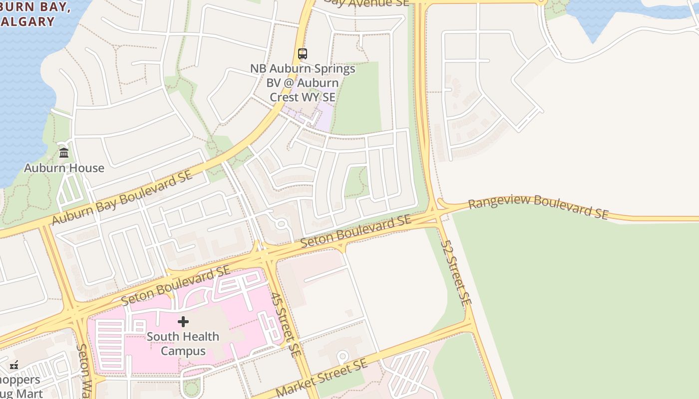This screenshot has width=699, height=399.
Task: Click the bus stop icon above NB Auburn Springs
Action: pos(302,54)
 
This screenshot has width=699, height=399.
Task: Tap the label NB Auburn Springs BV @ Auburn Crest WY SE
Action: pos(303,82)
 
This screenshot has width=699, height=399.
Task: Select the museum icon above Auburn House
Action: pos(64,153)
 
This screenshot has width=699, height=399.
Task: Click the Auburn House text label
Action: pos(64,168)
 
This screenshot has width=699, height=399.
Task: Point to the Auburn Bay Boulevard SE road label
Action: pos(122,198)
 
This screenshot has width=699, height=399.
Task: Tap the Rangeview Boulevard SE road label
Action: pos(538,207)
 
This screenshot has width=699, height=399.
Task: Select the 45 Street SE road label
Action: pos(286,324)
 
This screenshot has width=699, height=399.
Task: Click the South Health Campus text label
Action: pos(183,344)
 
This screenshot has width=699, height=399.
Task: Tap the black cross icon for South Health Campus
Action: pos(183,322)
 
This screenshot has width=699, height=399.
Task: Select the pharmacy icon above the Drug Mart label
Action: pos(14,365)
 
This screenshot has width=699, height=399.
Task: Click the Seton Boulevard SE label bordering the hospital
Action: pos(176,285)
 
